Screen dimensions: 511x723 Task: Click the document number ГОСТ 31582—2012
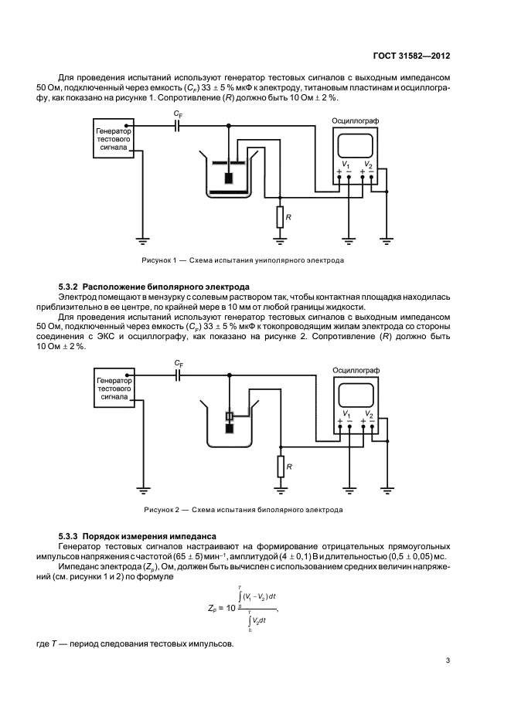[x=411, y=56]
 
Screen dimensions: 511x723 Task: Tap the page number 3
[x=448, y=660]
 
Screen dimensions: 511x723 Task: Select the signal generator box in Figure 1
[x=114, y=138]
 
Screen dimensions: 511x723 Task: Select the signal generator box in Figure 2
[x=114, y=389]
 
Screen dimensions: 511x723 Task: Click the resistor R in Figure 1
[x=279, y=217]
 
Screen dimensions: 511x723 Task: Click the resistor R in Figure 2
[x=280, y=467]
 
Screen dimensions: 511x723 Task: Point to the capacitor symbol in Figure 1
[x=177, y=125]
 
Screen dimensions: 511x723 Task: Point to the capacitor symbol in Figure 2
[x=178, y=375]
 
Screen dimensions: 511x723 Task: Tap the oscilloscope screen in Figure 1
[x=355, y=146]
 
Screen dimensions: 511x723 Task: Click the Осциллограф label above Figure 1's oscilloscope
[x=355, y=120]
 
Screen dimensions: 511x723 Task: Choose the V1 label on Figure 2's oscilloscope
[x=346, y=413]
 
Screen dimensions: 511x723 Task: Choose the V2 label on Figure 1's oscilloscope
[x=368, y=164]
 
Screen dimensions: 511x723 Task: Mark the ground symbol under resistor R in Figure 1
[x=279, y=239]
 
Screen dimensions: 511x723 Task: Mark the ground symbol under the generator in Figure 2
[x=144, y=489]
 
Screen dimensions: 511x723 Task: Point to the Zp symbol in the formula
[x=213, y=608]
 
